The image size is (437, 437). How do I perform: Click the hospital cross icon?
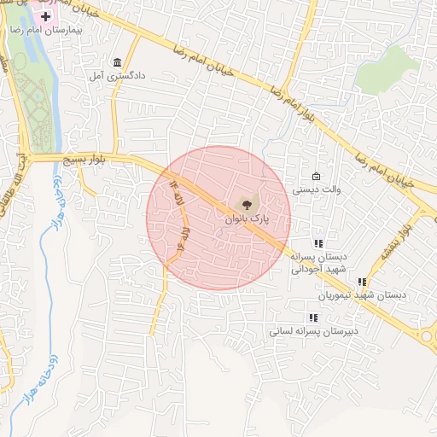[x=44, y=17]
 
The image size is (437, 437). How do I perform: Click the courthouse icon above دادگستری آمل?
[x=117, y=63]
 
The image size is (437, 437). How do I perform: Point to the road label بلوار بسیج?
[x=89, y=160]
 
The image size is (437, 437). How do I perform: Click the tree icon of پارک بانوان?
[x=247, y=204]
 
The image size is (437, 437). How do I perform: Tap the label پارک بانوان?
[x=247, y=219]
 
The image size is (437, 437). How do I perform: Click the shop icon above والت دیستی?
[x=316, y=176]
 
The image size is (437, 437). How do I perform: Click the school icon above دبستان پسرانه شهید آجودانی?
[x=318, y=243]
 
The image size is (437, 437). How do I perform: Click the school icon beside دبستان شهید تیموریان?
[x=362, y=282]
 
